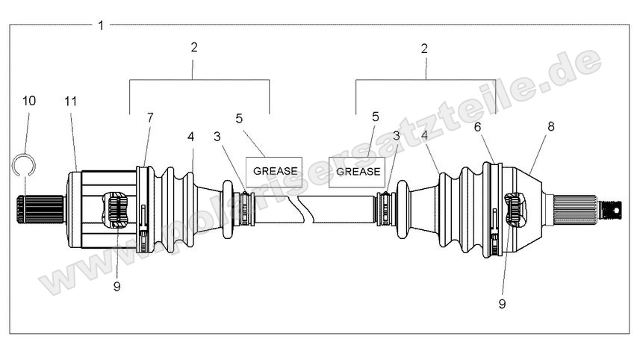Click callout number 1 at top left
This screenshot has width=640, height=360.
tap(101, 25)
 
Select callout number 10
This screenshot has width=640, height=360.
tap(28, 100)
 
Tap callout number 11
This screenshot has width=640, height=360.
tap(71, 100)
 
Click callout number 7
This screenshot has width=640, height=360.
tap(150, 117)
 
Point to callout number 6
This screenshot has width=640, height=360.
tap(478, 128)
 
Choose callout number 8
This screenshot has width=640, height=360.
tap(550, 127)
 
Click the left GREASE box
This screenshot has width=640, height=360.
tap(275, 171)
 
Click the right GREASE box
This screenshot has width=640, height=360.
tap(355, 171)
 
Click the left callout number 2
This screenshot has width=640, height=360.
tap(194, 47)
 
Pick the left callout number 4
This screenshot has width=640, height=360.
tap(191, 137)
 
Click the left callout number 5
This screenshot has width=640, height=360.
tap(239, 117)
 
